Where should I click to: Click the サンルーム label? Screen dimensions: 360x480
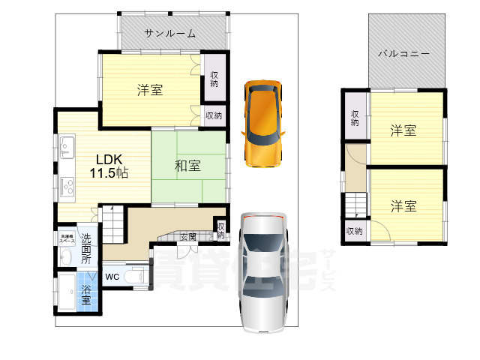[x=170, y=33]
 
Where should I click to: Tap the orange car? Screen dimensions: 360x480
[x=262, y=121]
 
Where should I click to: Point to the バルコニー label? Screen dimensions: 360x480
[x=403, y=54]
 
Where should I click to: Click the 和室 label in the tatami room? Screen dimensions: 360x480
[x=187, y=166]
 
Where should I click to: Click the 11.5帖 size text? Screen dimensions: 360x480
[x=109, y=172]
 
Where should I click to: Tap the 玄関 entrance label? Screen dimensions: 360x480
[x=188, y=237]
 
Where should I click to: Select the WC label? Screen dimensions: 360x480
[x=112, y=276]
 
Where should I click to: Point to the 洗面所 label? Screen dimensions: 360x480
[x=86, y=249]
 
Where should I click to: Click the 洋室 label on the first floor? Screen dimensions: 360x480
[x=149, y=90]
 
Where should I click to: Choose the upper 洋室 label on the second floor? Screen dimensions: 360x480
[x=403, y=130]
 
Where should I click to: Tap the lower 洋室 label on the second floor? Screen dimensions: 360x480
[x=403, y=205]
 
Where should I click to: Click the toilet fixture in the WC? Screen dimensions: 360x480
[x=137, y=276]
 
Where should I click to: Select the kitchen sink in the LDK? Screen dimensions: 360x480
[x=64, y=147]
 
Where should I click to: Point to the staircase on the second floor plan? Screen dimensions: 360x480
[x=355, y=205]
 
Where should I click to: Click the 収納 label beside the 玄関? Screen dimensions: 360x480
[x=220, y=231]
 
